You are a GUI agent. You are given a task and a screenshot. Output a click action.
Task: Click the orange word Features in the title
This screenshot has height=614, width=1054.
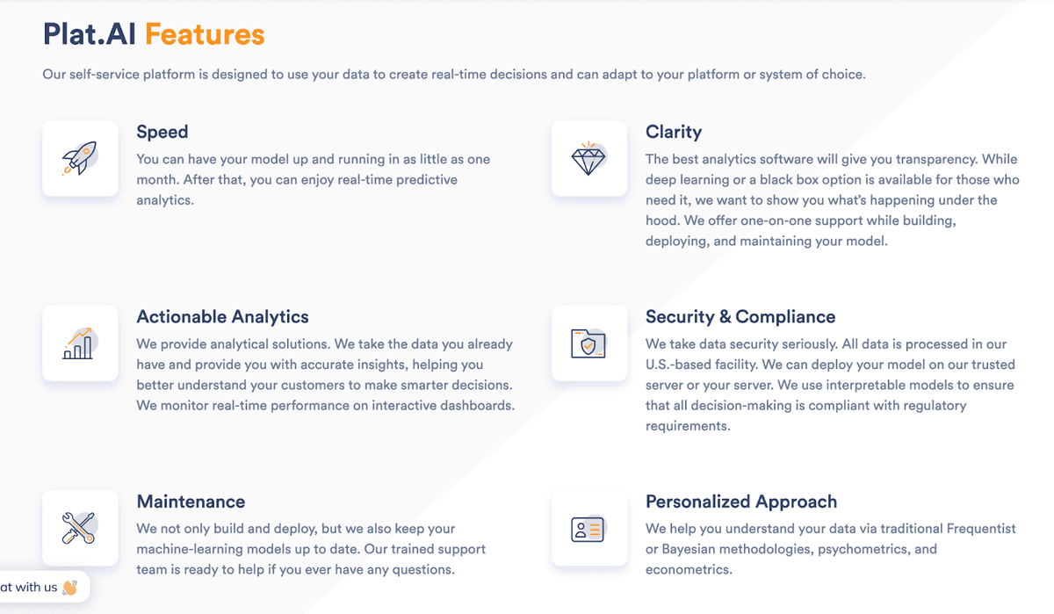point(205,34)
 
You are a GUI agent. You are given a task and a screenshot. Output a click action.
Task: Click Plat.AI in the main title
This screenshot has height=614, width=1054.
point(90,34)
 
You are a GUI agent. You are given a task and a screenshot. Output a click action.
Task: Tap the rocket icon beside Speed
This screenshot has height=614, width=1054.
point(79,159)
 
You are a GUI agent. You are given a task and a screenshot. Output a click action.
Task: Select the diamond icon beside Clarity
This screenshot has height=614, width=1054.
point(588,159)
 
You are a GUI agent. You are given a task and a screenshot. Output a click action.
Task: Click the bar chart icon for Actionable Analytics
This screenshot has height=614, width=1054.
point(79,343)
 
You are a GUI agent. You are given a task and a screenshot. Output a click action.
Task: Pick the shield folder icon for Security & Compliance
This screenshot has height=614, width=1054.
point(588,343)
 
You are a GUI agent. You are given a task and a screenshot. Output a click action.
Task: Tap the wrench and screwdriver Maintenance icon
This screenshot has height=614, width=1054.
point(79,528)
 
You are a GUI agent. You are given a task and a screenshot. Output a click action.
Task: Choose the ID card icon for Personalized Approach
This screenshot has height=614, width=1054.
point(588,529)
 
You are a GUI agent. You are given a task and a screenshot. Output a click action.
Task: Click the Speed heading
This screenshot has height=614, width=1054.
point(162,132)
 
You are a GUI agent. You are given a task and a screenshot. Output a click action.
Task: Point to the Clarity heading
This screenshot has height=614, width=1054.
point(674,132)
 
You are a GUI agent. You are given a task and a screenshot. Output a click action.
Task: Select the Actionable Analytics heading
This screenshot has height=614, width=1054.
point(223,317)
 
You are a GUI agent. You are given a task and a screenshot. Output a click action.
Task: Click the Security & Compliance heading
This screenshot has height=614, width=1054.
point(740,317)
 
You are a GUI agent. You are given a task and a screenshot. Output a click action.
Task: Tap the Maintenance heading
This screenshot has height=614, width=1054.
point(191,502)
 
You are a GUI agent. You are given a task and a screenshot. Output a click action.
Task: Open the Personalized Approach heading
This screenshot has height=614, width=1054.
point(741,502)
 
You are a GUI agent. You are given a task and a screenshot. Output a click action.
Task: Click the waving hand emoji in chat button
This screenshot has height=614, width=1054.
point(70,587)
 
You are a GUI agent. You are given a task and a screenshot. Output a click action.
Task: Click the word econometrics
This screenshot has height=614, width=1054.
point(689,569)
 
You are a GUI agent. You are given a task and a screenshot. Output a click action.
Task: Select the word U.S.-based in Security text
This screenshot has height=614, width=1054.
point(677,365)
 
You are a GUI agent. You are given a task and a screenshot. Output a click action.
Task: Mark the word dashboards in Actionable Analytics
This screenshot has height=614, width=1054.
point(478,405)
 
